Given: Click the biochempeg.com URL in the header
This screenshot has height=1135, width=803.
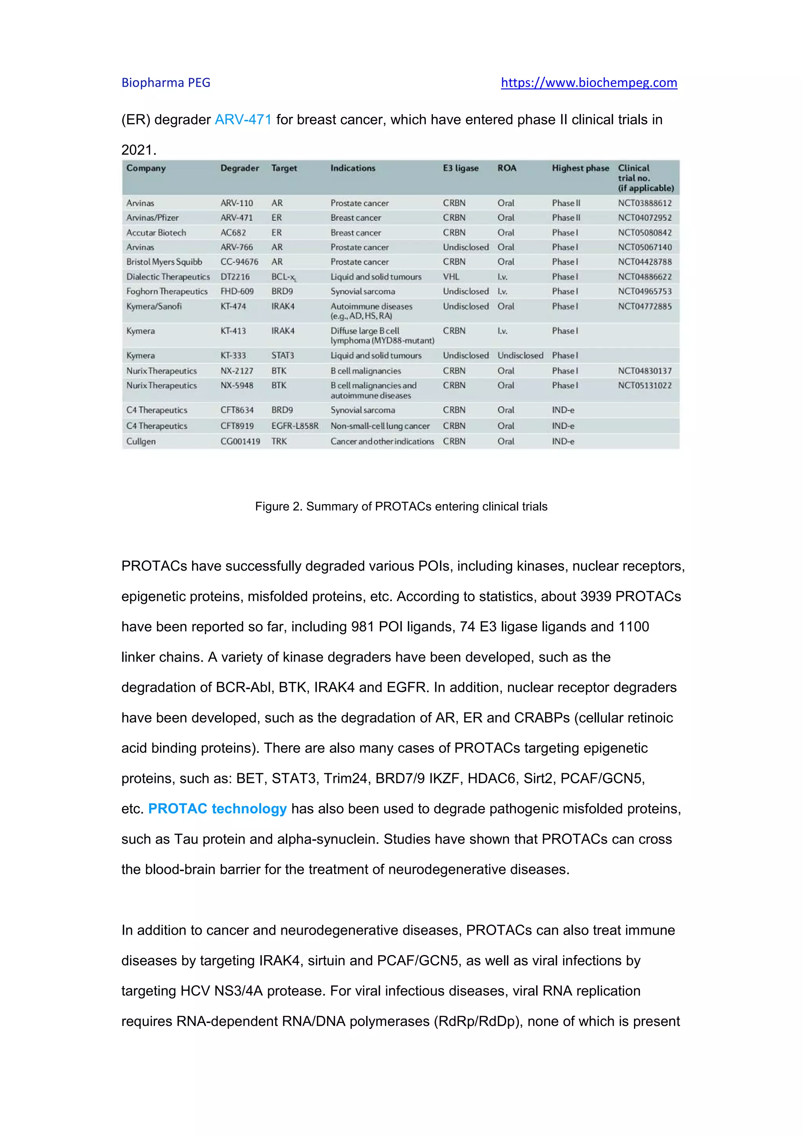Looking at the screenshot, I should (x=589, y=83).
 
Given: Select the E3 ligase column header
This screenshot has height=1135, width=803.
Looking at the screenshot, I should (x=460, y=168).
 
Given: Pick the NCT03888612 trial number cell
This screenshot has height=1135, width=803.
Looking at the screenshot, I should (x=644, y=203).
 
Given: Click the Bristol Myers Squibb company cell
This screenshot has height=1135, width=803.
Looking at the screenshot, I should (x=164, y=262).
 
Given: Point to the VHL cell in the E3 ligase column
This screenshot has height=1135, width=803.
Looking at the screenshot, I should (x=451, y=277).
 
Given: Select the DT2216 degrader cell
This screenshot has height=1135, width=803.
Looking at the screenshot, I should (x=235, y=277).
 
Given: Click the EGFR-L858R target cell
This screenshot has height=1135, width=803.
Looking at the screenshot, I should (x=295, y=426).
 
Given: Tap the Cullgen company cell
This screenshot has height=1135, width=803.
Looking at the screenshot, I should (x=141, y=441).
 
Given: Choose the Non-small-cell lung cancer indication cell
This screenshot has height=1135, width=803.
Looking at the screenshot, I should (x=380, y=426).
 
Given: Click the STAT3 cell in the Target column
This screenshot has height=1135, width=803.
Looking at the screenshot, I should (x=282, y=355).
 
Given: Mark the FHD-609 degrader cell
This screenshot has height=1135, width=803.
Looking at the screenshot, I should (x=237, y=292).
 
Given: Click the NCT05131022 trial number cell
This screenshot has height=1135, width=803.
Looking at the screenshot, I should (x=644, y=386).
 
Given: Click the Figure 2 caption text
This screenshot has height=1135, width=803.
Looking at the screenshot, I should (x=401, y=506).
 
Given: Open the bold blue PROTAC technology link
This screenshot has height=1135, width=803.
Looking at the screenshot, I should (x=217, y=809).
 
